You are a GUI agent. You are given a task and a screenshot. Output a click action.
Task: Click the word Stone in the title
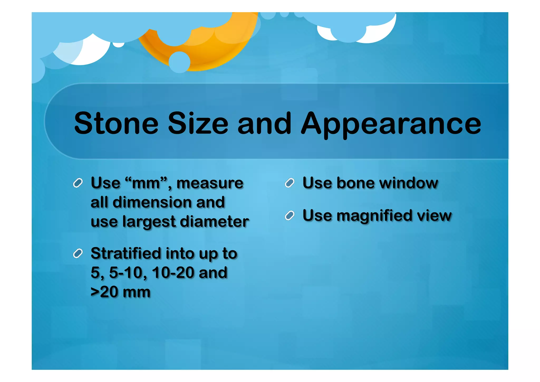click(x=116, y=123)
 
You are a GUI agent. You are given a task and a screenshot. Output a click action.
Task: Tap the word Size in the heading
click(x=198, y=123)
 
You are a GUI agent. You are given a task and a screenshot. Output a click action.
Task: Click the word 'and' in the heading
click(x=264, y=123)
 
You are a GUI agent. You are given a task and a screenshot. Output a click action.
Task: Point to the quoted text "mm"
click(x=146, y=183)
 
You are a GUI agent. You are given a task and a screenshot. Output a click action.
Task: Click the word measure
click(x=210, y=183)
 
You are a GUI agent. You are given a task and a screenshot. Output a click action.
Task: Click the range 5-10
click(x=126, y=272)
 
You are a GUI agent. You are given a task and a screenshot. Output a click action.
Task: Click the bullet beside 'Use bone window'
click(x=290, y=183)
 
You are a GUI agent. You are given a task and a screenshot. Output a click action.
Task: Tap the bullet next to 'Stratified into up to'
click(x=78, y=253)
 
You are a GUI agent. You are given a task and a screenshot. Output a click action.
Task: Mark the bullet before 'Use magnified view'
click(x=290, y=215)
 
